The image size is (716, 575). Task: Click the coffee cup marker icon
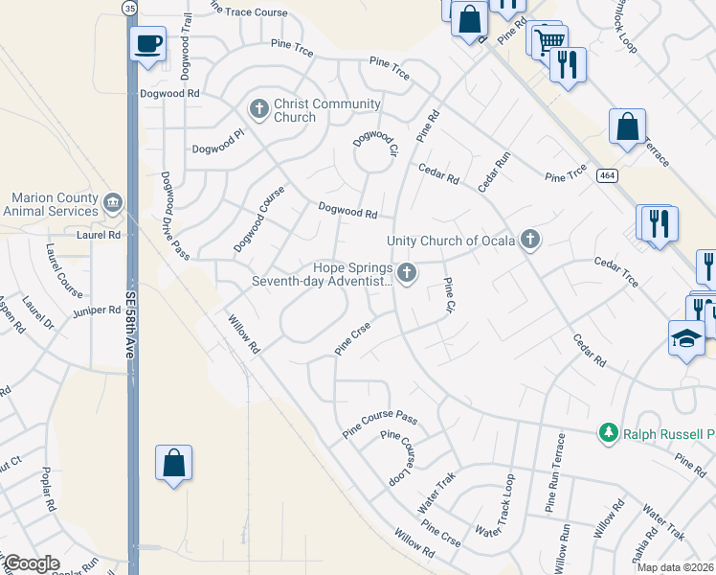click(147, 44)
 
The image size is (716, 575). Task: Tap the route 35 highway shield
click(129, 7)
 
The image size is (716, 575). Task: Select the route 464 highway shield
click(605, 176)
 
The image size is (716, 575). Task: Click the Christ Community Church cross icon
click(258, 109)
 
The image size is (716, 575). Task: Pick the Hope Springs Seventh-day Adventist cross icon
click(407, 274)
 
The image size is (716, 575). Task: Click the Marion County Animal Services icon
click(113, 203)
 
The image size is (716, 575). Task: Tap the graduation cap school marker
click(685, 339)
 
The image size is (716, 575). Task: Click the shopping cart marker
click(549, 41)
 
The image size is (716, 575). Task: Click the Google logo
click(31, 563)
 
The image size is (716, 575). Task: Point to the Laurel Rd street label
click(99, 234)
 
